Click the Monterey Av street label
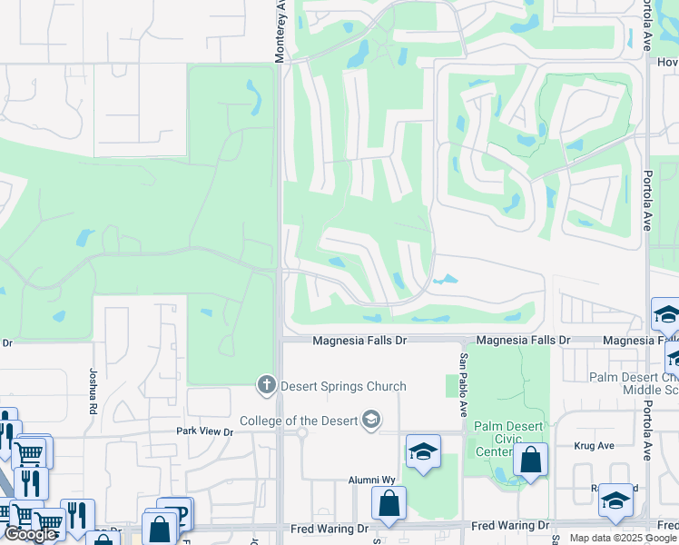click(x=280, y=31)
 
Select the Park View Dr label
click(x=204, y=431)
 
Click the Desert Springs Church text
click(x=343, y=386)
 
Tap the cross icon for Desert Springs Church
click(x=267, y=385)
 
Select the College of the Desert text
click(x=299, y=421)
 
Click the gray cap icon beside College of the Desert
click(x=370, y=420)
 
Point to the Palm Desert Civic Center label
click(x=507, y=439)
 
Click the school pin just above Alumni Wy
click(x=423, y=452)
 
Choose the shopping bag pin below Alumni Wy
click(x=389, y=504)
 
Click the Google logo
click(x=30, y=535)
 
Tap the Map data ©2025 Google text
click(x=623, y=538)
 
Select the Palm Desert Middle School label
click(x=634, y=383)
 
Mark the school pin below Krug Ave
click(x=615, y=500)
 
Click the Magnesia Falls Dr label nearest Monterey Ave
click(x=360, y=341)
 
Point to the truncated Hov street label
click(x=668, y=63)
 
